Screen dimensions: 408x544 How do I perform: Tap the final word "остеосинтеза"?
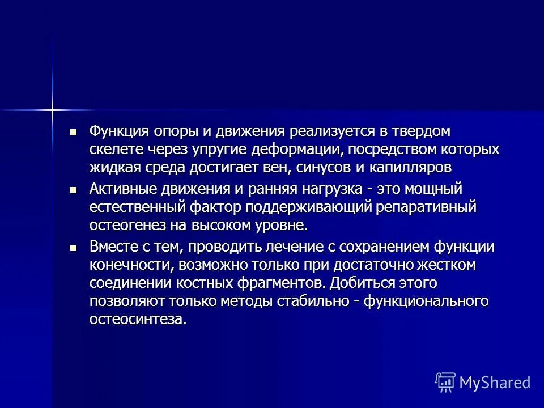point(137,320)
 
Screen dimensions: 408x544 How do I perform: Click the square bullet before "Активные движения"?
point(72,189)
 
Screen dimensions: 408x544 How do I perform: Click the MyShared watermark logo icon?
point(445,381)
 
